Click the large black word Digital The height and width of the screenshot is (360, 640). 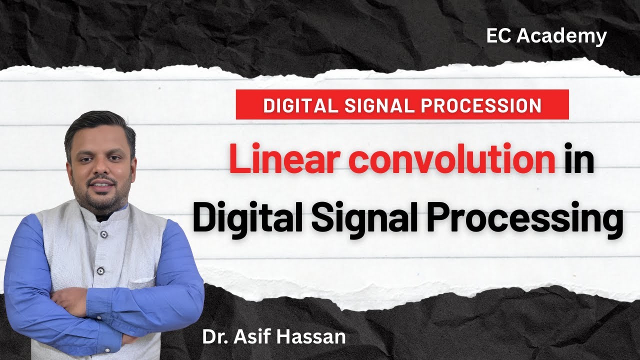pos(246,220)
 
